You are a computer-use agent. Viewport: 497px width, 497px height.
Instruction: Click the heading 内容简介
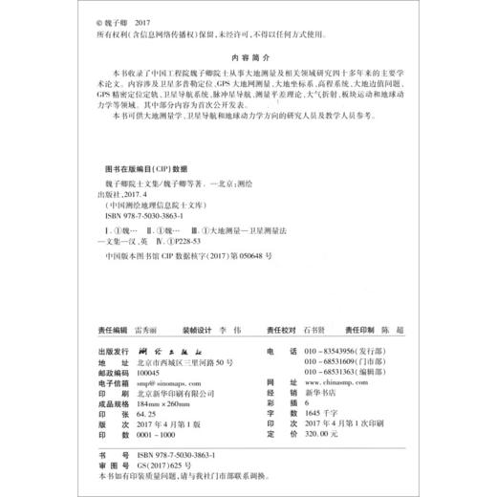pyautogui.click(x=248, y=57)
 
